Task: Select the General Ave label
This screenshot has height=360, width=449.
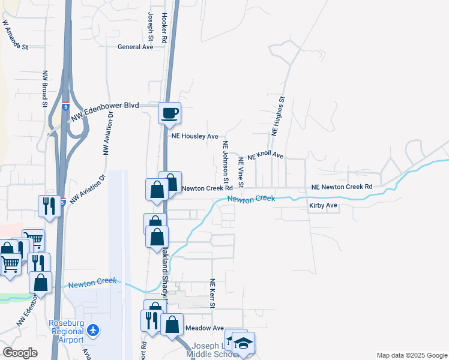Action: [x=136, y=47]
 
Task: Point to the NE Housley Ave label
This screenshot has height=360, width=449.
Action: [x=194, y=137]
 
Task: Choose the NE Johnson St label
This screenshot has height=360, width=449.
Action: [x=226, y=162]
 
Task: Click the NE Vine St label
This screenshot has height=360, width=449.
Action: [x=241, y=170]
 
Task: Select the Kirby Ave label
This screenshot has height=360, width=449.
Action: [x=323, y=206]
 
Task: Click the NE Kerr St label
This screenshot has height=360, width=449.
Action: [x=212, y=294]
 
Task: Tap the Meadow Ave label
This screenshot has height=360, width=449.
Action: [x=204, y=328]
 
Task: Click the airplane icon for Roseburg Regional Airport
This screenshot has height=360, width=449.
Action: [x=93, y=329]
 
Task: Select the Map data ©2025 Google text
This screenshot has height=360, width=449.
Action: [x=411, y=354]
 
